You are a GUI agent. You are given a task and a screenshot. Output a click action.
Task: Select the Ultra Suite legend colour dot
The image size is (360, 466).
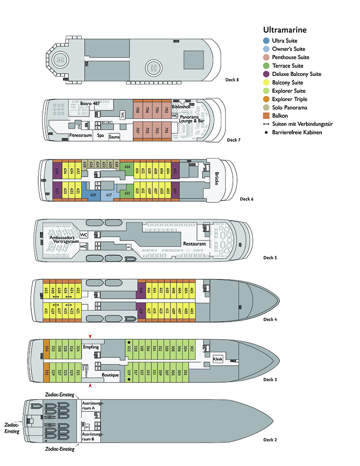point(265,41)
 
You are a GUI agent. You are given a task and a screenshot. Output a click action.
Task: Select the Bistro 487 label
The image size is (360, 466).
point(90,103)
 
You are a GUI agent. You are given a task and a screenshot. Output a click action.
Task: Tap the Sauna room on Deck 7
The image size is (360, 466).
point(114,137)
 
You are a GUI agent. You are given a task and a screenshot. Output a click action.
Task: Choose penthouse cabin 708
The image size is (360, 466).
point(137,110)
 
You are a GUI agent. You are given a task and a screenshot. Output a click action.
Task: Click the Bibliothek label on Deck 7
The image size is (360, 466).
point(181,107)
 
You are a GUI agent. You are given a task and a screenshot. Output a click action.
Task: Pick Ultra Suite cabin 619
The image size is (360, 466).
point(92,194)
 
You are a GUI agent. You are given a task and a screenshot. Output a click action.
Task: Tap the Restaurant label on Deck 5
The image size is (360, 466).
point(194,244)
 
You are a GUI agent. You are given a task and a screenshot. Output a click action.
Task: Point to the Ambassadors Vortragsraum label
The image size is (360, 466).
point(62,240)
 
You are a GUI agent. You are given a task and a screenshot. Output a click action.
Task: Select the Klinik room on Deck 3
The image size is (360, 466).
point(218,359)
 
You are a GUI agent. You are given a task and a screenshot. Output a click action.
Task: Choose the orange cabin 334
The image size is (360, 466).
point(47,349)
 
